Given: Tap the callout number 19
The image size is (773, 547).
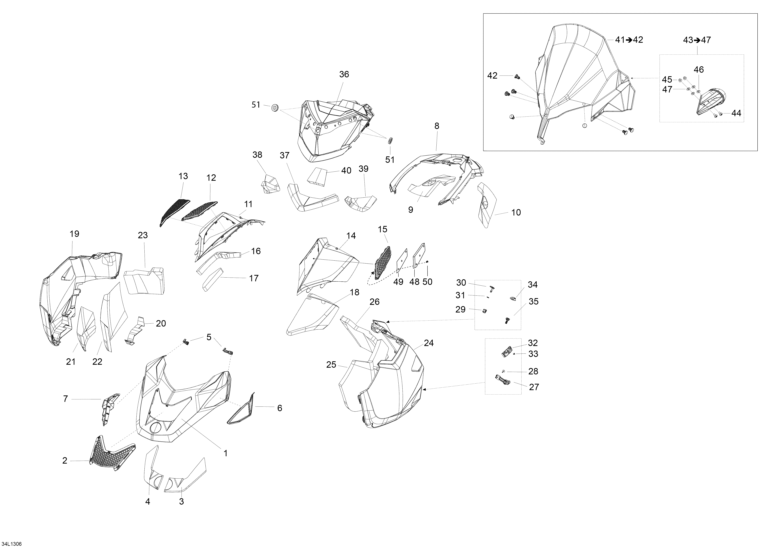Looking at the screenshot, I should [x=74, y=234].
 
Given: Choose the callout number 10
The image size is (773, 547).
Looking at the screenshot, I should [x=516, y=213].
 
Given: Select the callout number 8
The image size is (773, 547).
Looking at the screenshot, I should [x=437, y=126].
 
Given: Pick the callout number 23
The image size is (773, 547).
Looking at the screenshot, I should [x=143, y=235].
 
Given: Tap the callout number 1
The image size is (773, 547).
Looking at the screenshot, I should [x=226, y=453].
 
